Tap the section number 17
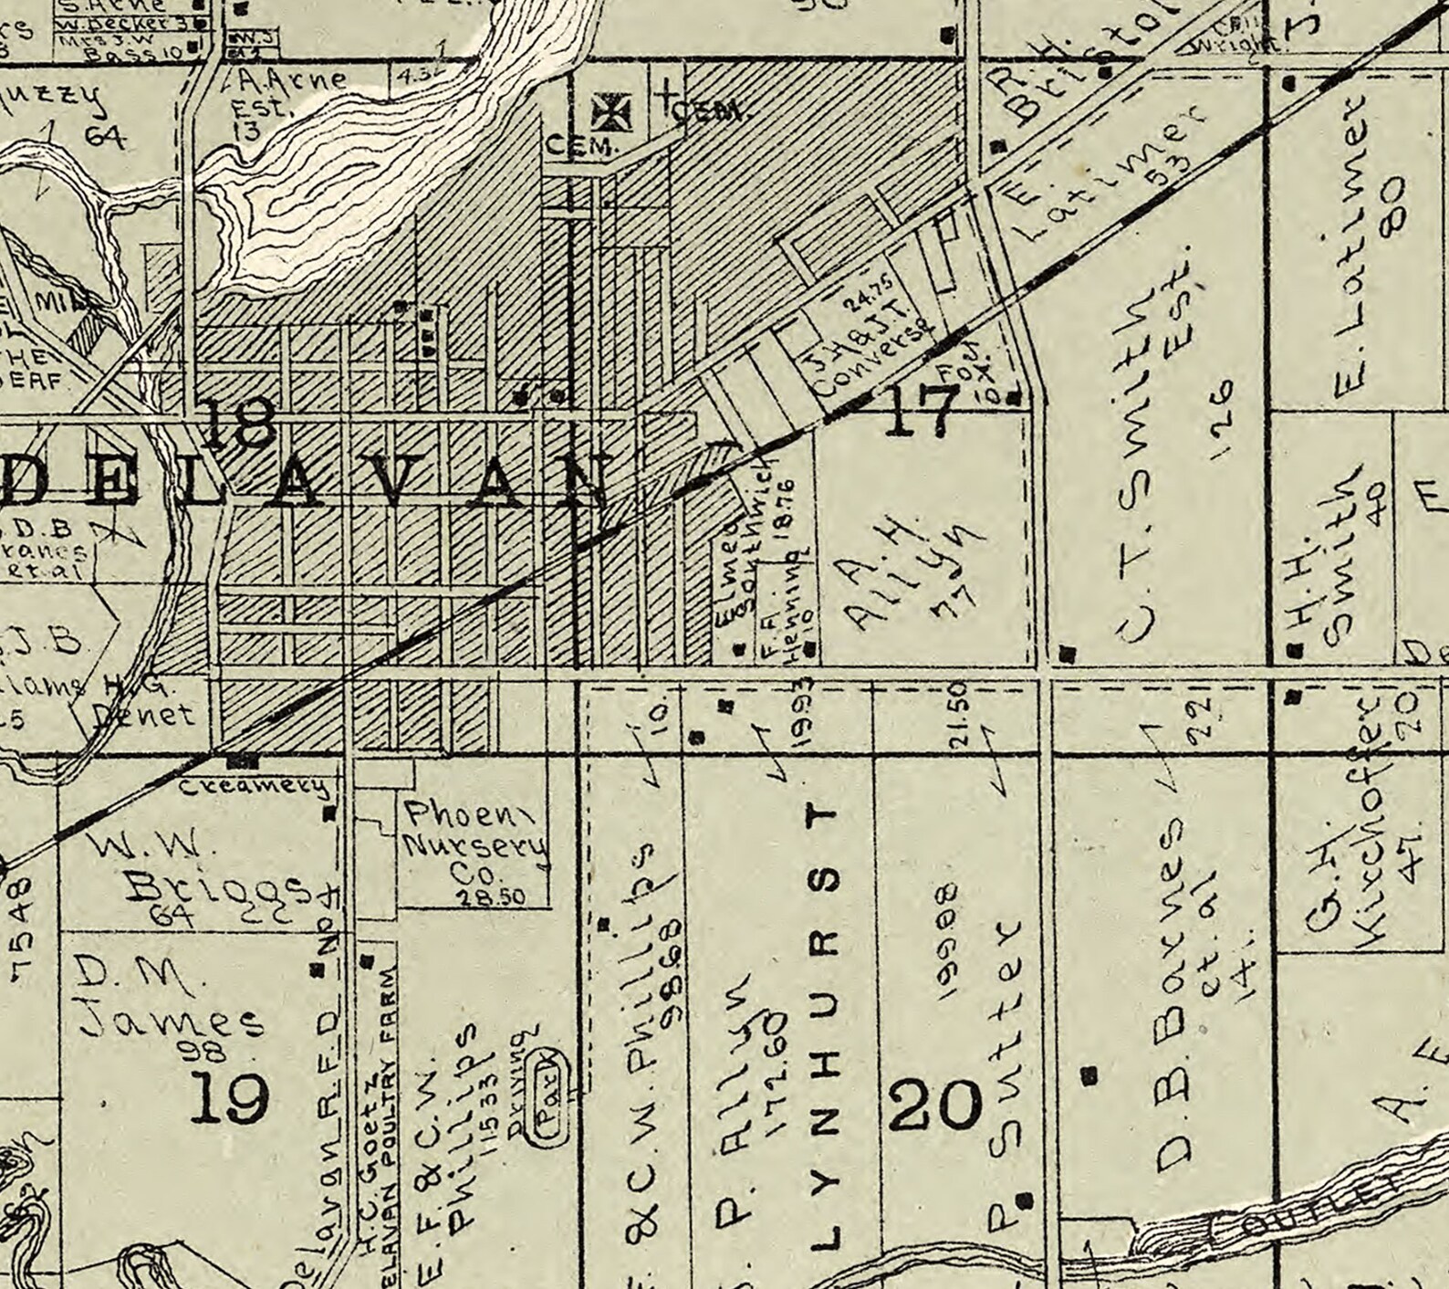[922, 410]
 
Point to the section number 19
[229, 1097]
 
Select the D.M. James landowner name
[164, 1000]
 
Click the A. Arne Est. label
[274, 96]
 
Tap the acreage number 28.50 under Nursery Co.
[491, 897]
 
